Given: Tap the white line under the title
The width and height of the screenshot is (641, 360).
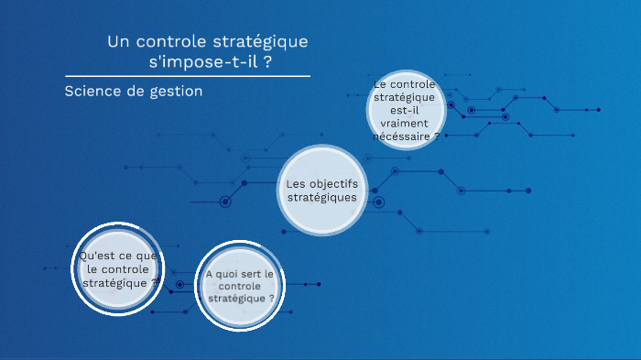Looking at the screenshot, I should [x=188, y=76].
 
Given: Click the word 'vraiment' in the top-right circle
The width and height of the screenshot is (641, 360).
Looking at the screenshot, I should [x=406, y=123].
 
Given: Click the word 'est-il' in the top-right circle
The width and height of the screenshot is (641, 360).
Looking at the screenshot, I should [x=406, y=110].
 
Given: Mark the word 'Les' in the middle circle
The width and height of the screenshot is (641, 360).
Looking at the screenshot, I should [x=294, y=184].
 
